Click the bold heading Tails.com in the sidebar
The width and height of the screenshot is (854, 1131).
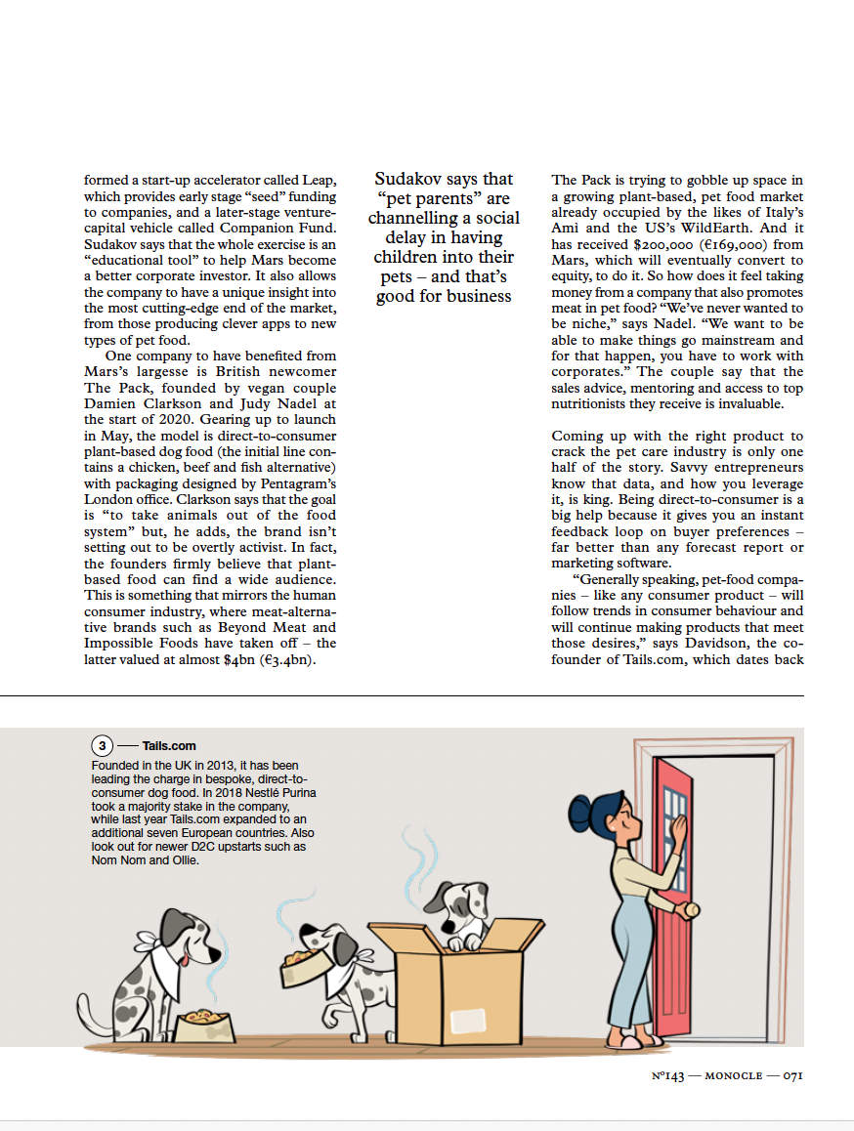tap(169, 746)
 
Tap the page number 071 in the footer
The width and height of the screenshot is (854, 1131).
tap(787, 1075)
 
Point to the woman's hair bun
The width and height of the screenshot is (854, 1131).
tap(580, 808)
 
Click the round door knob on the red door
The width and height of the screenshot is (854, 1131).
tap(691, 911)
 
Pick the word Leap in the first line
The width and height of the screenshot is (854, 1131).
tap(321, 181)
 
